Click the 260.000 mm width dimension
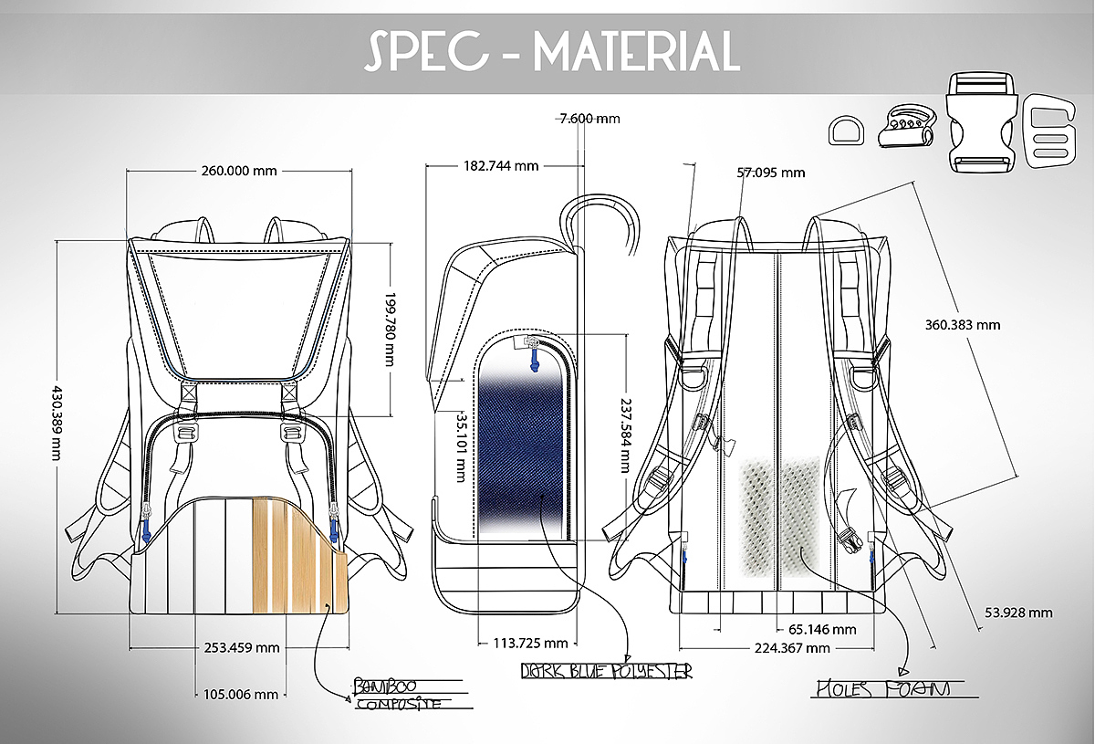(239, 171)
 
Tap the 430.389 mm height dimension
(57, 423)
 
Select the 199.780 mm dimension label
(390, 330)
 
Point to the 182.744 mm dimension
(501, 166)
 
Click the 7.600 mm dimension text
(589, 119)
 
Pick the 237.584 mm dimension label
(625, 435)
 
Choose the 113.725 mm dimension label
(530, 643)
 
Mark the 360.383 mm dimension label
(963, 325)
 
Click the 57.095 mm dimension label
(771, 173)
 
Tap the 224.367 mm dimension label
(792, 648)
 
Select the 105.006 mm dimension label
(241, 694)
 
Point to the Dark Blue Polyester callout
(607, 671)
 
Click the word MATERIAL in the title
(636, 51)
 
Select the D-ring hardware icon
(846, 131)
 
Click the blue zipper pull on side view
(534, 361)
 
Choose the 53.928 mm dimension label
(1018, 613)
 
